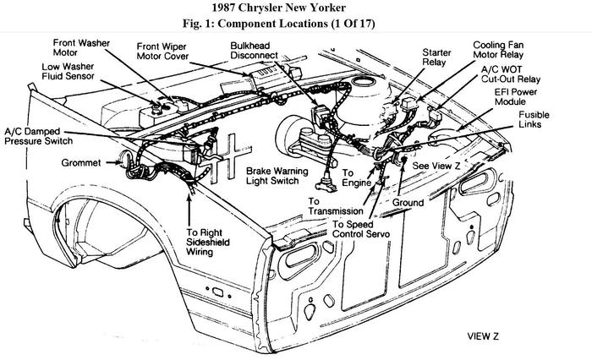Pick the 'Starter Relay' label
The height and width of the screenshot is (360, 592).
[x=436, y=57]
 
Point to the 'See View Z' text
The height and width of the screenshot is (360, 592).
[x=436, y=166]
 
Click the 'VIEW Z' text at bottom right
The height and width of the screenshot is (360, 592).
[x=483, y=336]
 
